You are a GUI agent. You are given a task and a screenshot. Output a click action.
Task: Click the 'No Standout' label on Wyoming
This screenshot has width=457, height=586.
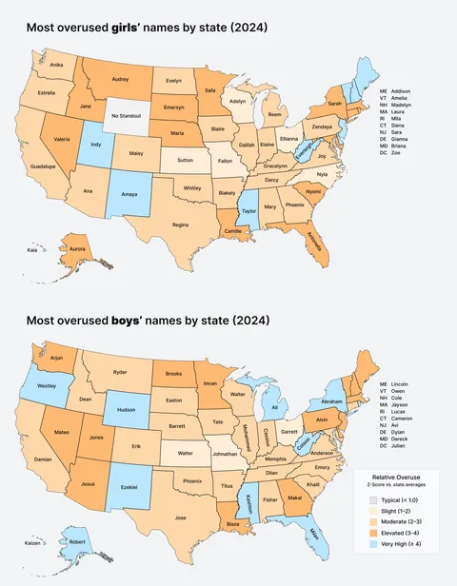(127, 116)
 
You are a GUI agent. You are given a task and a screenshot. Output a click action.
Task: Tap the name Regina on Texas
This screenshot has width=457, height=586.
(180, 225)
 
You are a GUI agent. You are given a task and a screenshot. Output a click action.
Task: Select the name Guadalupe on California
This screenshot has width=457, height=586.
(45, 166)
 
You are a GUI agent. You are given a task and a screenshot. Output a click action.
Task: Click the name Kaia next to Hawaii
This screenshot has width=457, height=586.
(32, 251)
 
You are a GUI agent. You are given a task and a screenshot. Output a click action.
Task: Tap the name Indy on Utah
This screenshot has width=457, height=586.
(96, 146)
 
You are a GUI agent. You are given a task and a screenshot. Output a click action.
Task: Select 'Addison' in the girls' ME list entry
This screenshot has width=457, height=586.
(405, 89)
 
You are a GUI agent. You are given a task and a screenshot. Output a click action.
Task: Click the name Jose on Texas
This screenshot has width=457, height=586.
(181, 518)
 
